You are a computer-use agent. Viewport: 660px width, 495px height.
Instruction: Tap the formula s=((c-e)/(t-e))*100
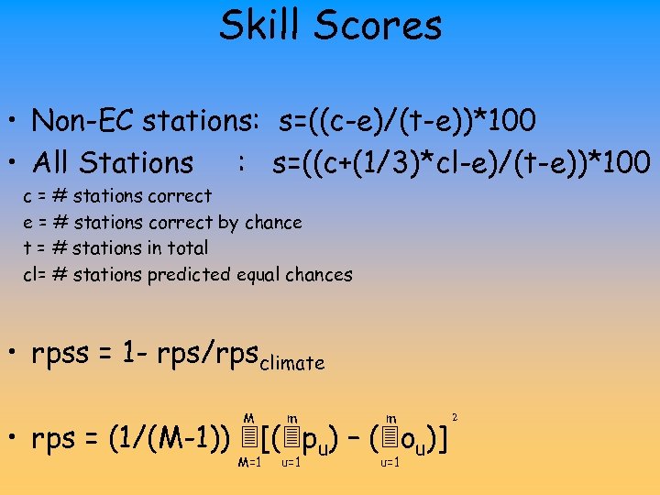point(403,120)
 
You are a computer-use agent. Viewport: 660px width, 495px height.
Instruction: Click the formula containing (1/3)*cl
point(461,162)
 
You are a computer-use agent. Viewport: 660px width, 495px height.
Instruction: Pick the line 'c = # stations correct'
point(117,195)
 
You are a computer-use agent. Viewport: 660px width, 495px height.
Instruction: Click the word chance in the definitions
point(272,222)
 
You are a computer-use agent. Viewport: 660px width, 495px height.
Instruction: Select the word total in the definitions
point(189,247)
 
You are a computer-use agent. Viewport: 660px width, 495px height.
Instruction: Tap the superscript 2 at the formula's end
point(455,418)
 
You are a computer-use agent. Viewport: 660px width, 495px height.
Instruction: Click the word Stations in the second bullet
point(137,162)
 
